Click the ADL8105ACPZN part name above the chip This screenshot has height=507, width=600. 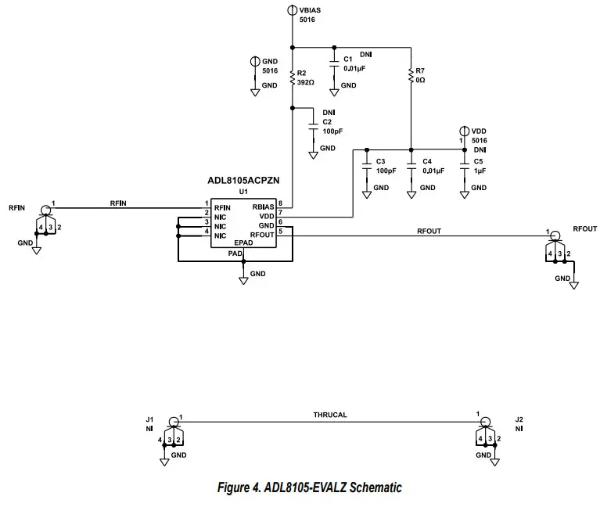tap(243, 180)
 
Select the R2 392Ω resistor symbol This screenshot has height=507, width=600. tap(292, 78)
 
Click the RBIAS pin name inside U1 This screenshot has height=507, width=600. tap(263, 207)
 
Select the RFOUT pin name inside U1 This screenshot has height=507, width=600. tap(262, 234)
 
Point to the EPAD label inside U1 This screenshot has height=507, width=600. tap(244, 243)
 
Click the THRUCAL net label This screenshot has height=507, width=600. tap(329, 415)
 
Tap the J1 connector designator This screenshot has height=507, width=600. tap(149, 419)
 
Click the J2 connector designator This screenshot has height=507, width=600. tap(519, 419)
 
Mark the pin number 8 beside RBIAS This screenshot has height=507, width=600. tap(280, 203)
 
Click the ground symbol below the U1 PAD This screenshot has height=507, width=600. tap(243, 278)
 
